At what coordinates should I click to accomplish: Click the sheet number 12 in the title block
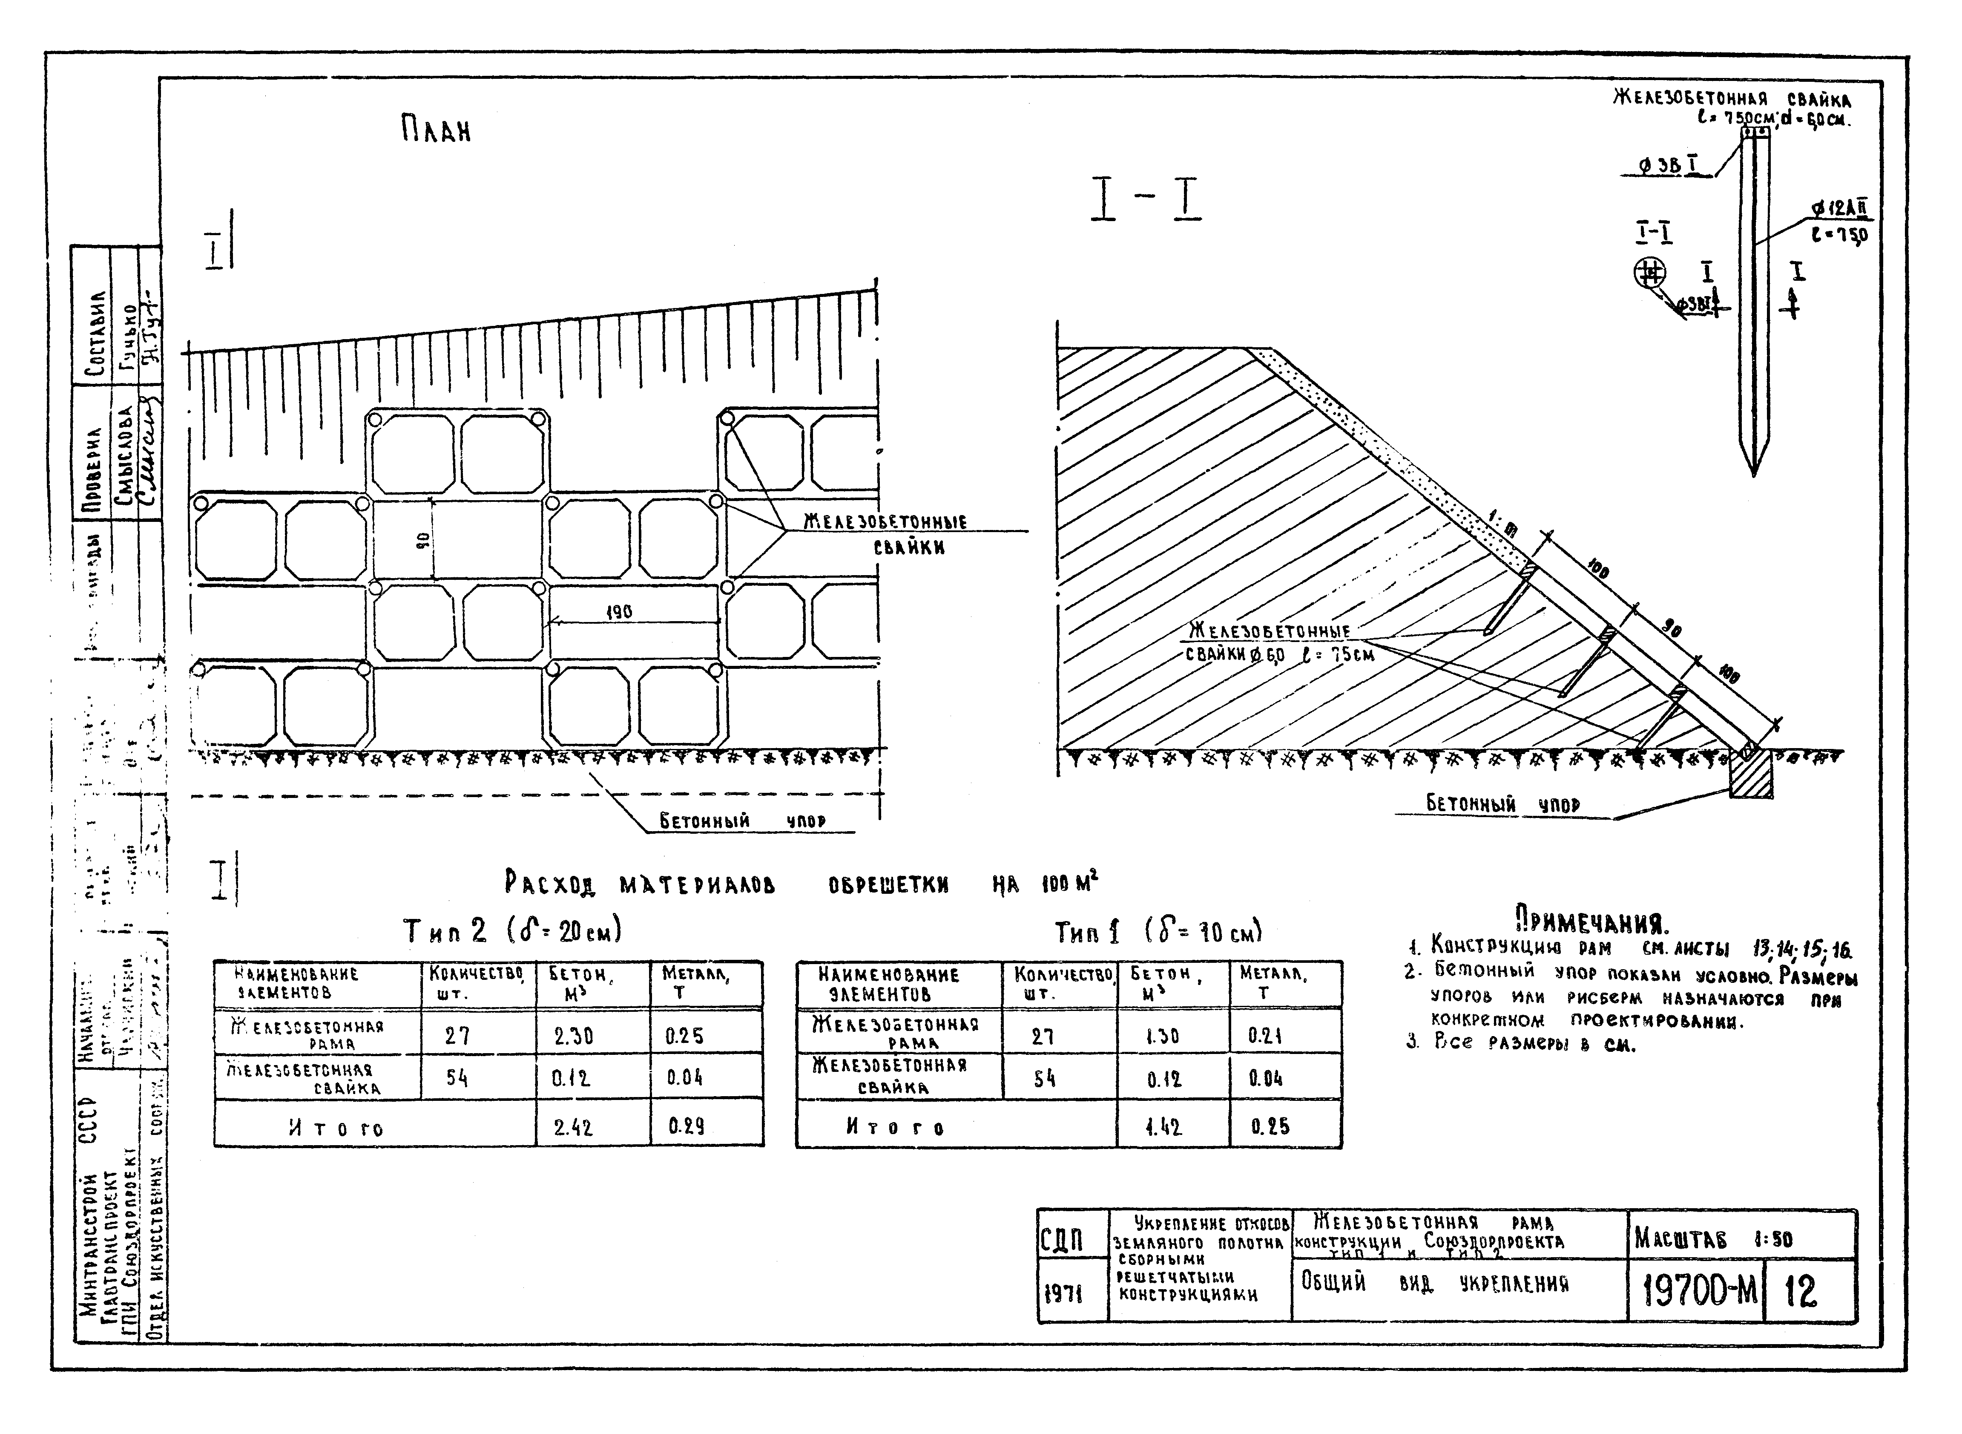(1801, 1292)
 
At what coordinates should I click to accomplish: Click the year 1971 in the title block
(1063, 1294)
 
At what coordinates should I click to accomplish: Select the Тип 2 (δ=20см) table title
(512, 931)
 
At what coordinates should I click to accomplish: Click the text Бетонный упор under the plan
(742, 820)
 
